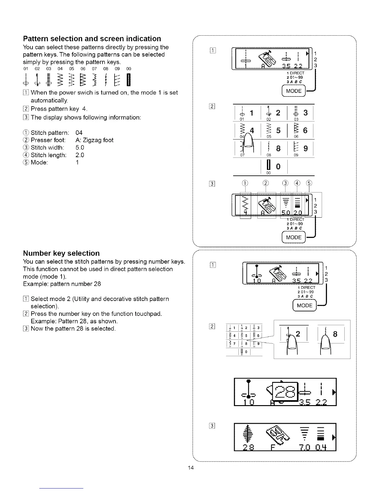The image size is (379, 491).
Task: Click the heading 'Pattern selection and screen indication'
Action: point(92,39)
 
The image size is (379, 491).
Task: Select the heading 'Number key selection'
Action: point(61,253)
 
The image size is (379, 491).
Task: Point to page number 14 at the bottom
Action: point(190,468)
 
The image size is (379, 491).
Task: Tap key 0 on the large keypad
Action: point(278,166)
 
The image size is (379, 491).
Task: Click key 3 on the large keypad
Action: point(305,113)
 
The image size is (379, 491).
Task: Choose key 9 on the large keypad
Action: point(305,149)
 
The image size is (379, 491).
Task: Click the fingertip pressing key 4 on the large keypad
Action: point(248,144)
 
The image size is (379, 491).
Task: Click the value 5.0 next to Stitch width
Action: point(80,148)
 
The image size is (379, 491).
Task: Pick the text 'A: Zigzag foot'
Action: point(94,140)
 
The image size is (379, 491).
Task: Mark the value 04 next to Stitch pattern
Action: point(79,133)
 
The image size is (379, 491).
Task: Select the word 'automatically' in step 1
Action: point(49,100)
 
